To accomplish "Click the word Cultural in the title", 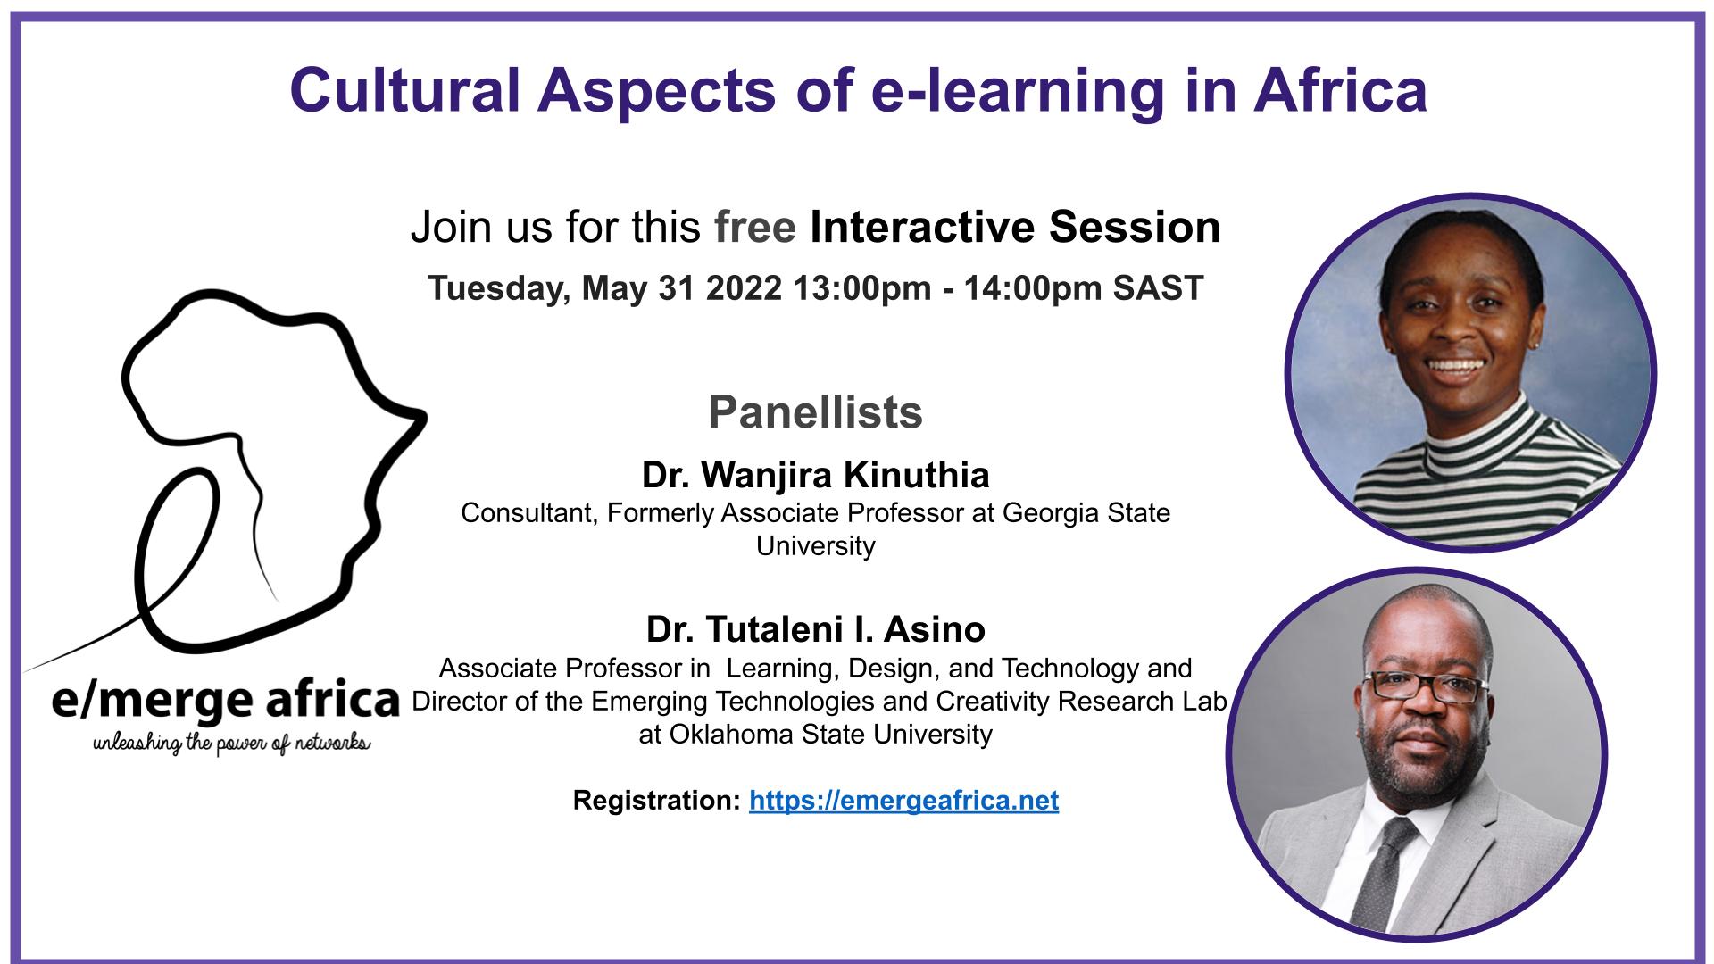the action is pos(404,90).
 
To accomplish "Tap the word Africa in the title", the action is pos(1339,90).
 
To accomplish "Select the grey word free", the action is pos(755,227).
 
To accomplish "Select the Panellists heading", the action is pos(815,412).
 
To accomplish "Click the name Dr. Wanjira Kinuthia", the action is pos(815,476).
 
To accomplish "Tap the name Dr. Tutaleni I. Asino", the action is pos(815,629).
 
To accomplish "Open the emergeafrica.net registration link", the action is pos(904,801).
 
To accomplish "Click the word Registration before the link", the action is pos(656,801).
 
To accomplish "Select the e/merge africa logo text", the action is pos(225,701).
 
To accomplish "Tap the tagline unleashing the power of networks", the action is pos(231,743).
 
